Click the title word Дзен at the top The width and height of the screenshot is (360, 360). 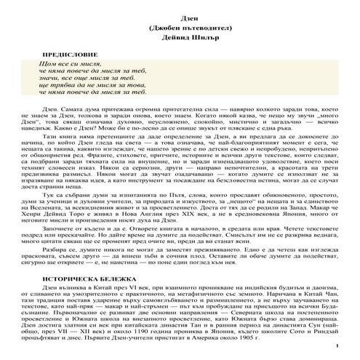pyautogui.click(x=180, y=15)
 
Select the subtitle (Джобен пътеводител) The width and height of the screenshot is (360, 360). pyautogui.click(x=180, y=27)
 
